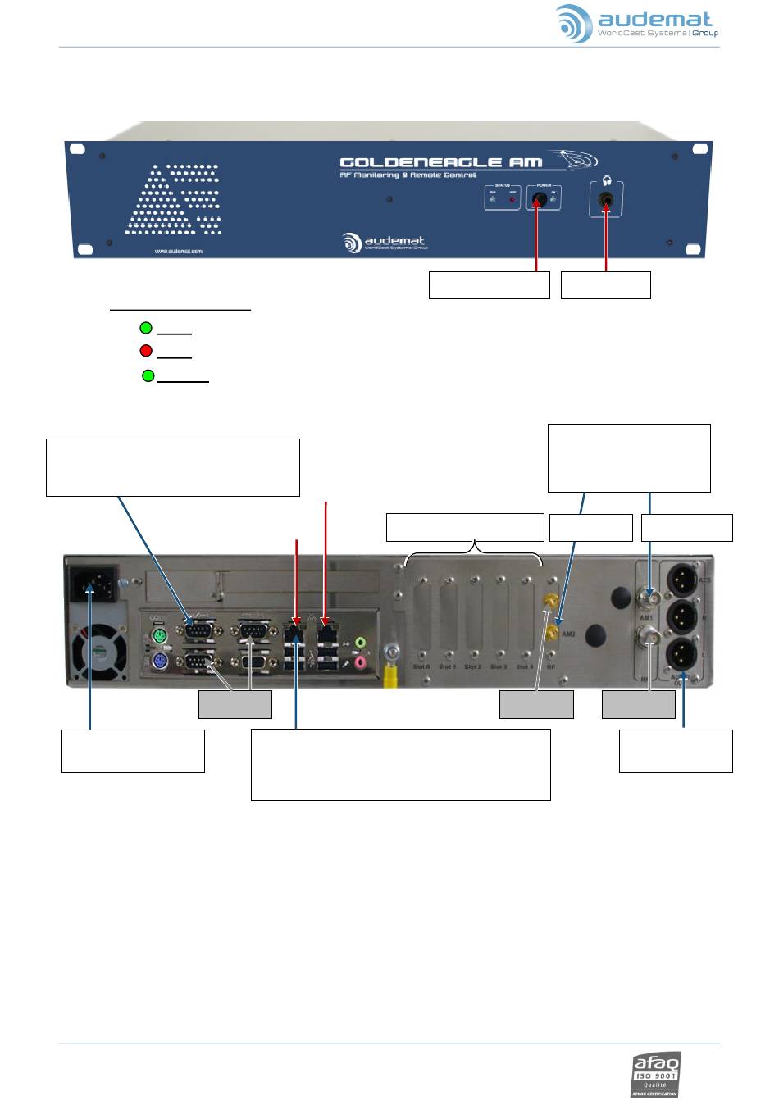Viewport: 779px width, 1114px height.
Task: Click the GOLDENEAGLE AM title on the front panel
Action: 453,162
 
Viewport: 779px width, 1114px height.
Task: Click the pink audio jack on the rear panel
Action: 358,661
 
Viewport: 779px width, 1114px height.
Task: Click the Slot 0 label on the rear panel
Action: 421,666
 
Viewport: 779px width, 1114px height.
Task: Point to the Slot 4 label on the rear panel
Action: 525,666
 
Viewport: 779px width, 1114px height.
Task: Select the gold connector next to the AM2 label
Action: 553,631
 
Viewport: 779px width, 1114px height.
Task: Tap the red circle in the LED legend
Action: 146,352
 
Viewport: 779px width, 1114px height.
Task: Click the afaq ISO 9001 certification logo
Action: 655,1075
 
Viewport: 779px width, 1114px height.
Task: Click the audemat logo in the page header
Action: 636,24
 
